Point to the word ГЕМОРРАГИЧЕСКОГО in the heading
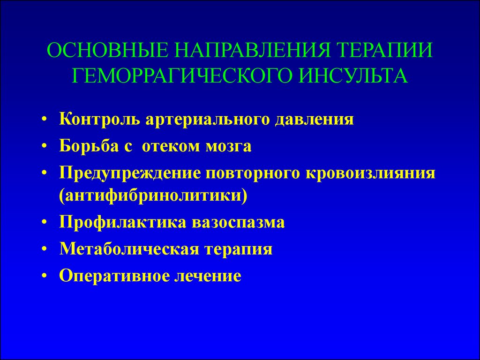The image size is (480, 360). tap(181, 75)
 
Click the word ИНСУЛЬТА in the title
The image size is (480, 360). tap(352, 75)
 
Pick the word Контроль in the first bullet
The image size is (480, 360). tap(99, 120)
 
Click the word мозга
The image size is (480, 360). tap(228, 147)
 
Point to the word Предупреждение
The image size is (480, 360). tap(130, 173)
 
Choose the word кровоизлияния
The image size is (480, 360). tap(370, 173)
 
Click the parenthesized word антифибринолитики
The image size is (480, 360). tap(153, 196)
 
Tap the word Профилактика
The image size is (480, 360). tap(123, 222)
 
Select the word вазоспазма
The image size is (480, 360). tap(238, 223)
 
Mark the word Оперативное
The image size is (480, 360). tap(113, 276)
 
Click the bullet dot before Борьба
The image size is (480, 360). tap(45, 147)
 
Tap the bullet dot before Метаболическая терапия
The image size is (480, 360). tap(45, 250)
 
